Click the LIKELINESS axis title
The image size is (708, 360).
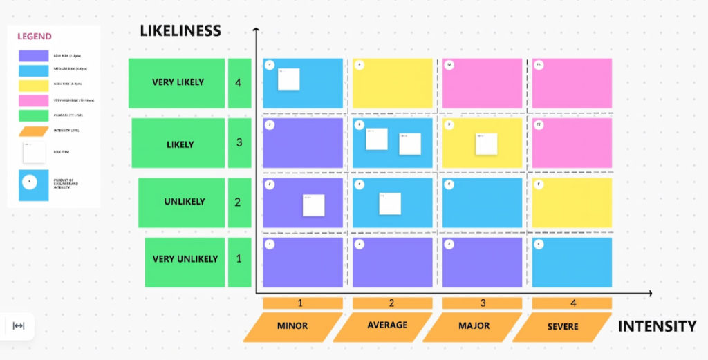180,30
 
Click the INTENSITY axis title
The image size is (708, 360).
657,326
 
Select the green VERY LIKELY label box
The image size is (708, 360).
177,83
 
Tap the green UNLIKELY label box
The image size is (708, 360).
181,202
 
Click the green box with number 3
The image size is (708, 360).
239,143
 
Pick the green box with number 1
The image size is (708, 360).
239,260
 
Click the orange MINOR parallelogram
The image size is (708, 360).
293,326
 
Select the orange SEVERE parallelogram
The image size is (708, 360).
563,326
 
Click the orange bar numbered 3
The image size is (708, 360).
482,303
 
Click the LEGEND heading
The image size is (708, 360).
35,37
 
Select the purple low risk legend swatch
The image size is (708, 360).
34,55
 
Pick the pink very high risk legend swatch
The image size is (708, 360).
34,100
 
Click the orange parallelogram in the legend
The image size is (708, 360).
34,131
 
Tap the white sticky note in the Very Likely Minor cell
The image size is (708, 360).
289,79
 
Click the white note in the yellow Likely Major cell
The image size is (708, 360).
486,144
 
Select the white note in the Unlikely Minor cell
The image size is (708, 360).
313,205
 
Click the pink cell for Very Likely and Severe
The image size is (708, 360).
572,83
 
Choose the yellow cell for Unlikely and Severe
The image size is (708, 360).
572,202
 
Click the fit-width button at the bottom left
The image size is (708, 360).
19,326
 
